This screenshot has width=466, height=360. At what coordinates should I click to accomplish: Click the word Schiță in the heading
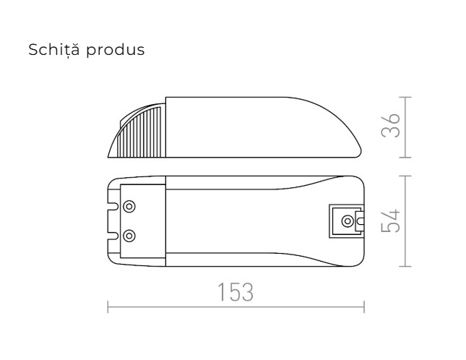click(x=53, y=51)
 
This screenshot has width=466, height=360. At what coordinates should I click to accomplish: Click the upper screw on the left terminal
click(x=129, y=207)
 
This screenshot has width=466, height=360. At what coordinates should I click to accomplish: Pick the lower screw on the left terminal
click(x=129, y=235)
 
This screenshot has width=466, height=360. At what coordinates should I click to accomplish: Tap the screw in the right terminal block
click(x=348, y=220)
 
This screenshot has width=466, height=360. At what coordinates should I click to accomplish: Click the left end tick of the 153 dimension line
click(x=108, y=307)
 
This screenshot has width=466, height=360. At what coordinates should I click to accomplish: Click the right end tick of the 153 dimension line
click(x=364, y=307)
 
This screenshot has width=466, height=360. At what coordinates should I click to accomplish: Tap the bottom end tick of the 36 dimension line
click(x=405, y=157)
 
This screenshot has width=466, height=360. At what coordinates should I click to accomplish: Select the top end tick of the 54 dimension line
click(x=405, y=176)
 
